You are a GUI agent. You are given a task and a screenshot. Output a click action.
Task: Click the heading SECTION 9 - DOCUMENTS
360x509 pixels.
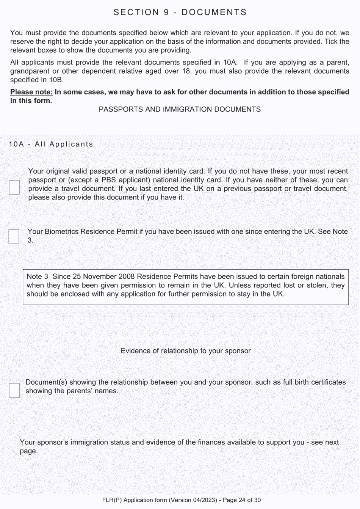(x=180, y=13)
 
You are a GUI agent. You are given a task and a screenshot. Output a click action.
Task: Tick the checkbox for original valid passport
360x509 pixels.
(x=14, y=187)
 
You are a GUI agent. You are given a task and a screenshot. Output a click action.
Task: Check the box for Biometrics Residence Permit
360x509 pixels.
(x=14, y=236)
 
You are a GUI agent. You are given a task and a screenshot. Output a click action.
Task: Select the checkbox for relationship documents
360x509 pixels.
(x=14, y=390)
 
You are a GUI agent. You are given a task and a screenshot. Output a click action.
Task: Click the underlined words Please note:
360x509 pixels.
(x=31, y=92)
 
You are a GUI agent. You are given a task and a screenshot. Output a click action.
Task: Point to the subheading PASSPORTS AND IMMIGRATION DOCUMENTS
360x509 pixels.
(x=180, y=110)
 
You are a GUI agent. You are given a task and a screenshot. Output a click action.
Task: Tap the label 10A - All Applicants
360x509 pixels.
(x=51, y=145)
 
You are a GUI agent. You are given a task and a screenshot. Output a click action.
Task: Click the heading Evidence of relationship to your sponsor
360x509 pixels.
(x=186, y=351)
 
